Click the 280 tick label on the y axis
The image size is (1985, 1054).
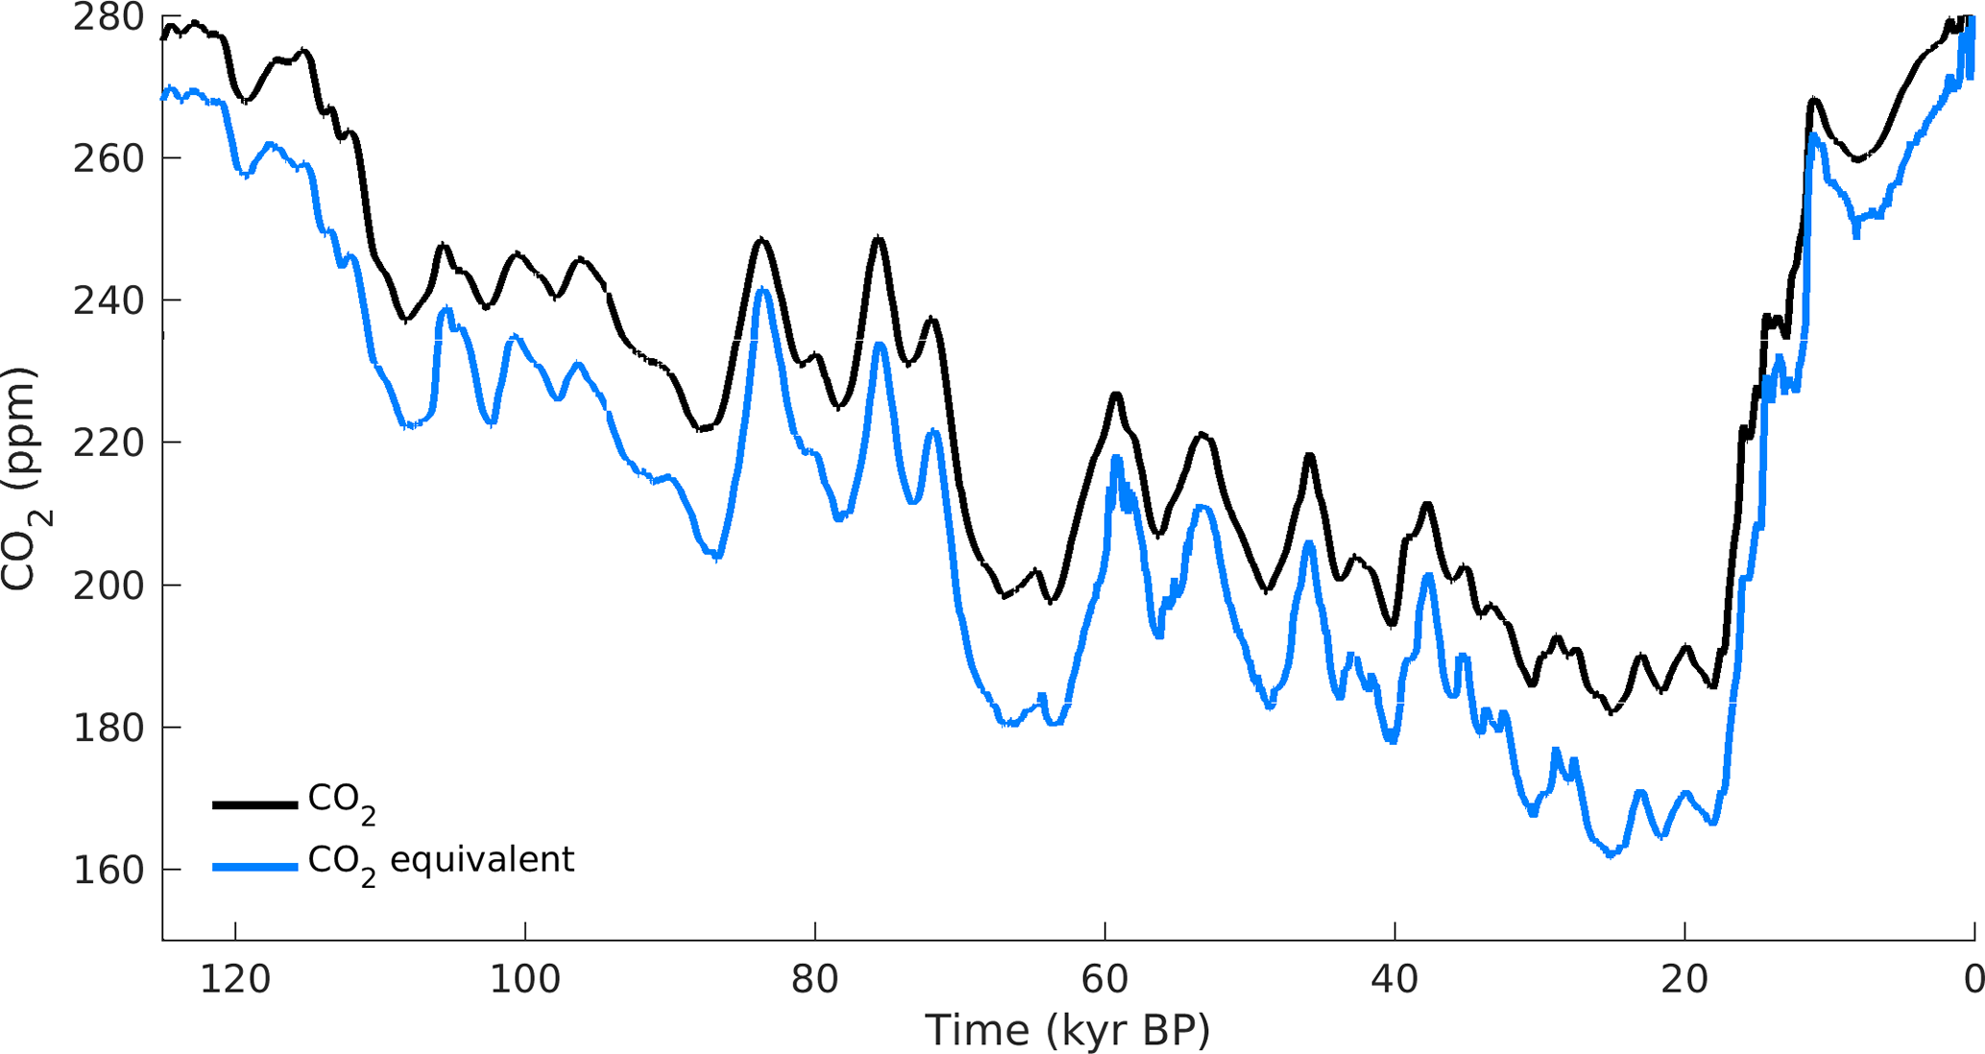[108, 17]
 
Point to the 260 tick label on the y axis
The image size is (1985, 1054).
[108, 158]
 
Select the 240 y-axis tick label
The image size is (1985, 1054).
[108, 300]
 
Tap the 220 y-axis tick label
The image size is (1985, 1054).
[108, 443]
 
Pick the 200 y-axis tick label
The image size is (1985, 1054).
[108, 585]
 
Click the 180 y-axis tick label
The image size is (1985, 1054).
[108, 728]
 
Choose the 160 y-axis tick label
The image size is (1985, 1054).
[108, 870]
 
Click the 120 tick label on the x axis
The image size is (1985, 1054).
[235, 980]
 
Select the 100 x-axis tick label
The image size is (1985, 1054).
[525, 980]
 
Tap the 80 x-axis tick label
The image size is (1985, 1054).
[815, 980]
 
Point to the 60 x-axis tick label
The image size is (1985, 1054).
[1104, 980]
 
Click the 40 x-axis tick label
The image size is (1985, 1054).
[1394, 980]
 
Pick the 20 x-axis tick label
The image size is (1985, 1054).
[1684, 980]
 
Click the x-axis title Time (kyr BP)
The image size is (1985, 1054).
[1067, 1031]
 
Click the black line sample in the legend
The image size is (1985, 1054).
[254, 804]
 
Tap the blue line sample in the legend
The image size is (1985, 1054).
[254, 867]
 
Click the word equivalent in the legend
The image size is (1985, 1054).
[482, 859]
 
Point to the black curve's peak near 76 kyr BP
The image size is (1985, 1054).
[878, 238]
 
